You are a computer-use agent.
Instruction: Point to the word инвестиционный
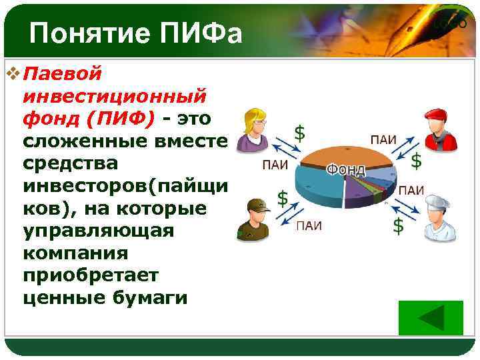click(114, 95)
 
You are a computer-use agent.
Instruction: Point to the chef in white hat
click(441, 217)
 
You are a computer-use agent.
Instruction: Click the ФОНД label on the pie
click(345, 170)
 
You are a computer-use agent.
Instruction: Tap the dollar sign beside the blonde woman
click(300, 133)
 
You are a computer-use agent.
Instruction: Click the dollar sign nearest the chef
click(397, 225)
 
